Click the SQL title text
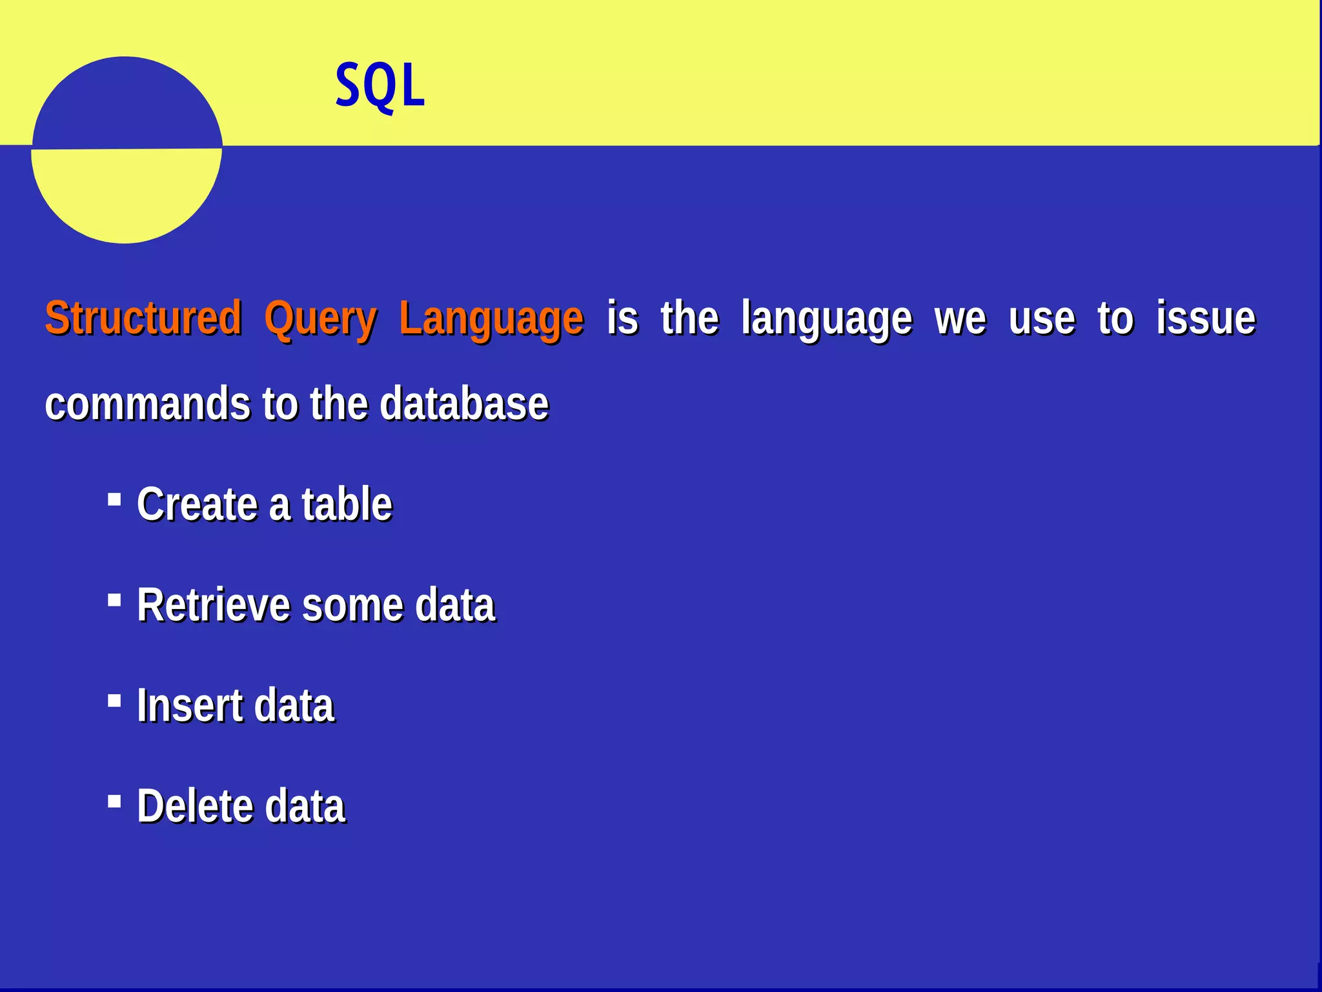point(380,86)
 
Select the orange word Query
point(320,319)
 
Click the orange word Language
point(491,319)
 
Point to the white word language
point(826,319)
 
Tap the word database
point(463,404)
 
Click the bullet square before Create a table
point(114,499)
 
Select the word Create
point(197,504)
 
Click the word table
point(347,504)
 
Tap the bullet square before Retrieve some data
point(114,601)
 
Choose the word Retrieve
point(213,605)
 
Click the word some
point(352,605)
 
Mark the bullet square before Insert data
point(114,701)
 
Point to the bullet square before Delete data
point(114,801)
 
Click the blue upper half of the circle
point(126,103)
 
